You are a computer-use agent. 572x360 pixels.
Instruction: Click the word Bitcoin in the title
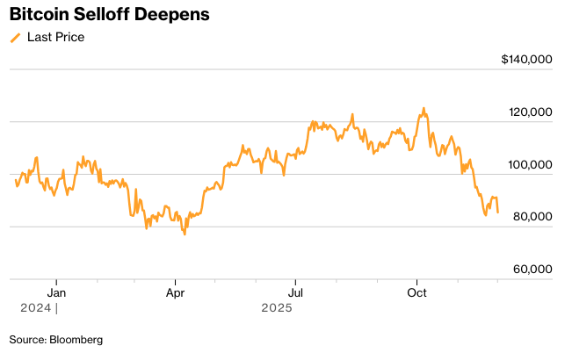[x=40, y=16]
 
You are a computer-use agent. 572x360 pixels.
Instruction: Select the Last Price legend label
[x=55, y=38]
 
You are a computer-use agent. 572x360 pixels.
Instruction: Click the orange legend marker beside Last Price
[x=15, y=38]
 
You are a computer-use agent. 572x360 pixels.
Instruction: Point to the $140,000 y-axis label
[x=526, y=60]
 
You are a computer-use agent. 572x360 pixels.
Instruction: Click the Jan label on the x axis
[x=56, y=292]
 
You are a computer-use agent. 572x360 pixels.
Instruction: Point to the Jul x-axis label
[x=296, y=292]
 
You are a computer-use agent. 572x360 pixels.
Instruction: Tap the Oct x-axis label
[x=416, y=292]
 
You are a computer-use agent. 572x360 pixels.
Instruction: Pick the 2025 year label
[x=277, y=308]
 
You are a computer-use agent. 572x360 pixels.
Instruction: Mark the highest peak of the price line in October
[x=424, y=109]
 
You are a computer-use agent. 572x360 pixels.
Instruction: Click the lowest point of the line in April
[x=185, y=234]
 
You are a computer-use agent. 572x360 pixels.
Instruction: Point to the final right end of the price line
[x=498, y=212]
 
